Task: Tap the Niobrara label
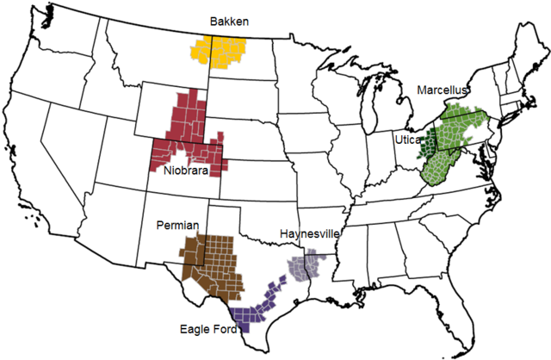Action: coord(184,171)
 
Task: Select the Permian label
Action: coord(177,225)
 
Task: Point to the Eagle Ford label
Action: coord(207,328)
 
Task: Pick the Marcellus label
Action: coord(441,90)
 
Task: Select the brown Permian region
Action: coord(211,258)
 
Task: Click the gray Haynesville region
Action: coord(306,264)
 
